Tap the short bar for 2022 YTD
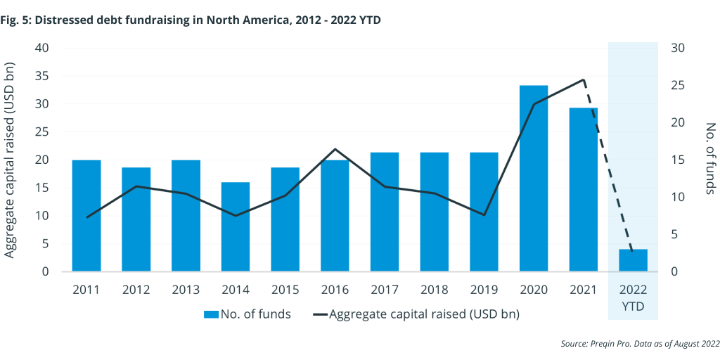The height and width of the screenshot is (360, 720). click(633, 260)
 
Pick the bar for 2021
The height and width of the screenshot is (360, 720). click(584, 190)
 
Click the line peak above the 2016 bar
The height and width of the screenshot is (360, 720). click(335, 149)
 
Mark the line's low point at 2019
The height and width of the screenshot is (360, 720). click(484, 214)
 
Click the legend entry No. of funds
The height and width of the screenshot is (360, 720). click(247, 314)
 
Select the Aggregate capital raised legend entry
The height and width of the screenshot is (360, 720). click(414, 314)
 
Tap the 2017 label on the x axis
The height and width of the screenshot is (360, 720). click(385, 290)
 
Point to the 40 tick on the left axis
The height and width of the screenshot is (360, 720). click(44, 48)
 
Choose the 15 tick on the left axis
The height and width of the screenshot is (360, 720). click(44, 188)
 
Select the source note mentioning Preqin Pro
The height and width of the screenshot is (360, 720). click(640, 344)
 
